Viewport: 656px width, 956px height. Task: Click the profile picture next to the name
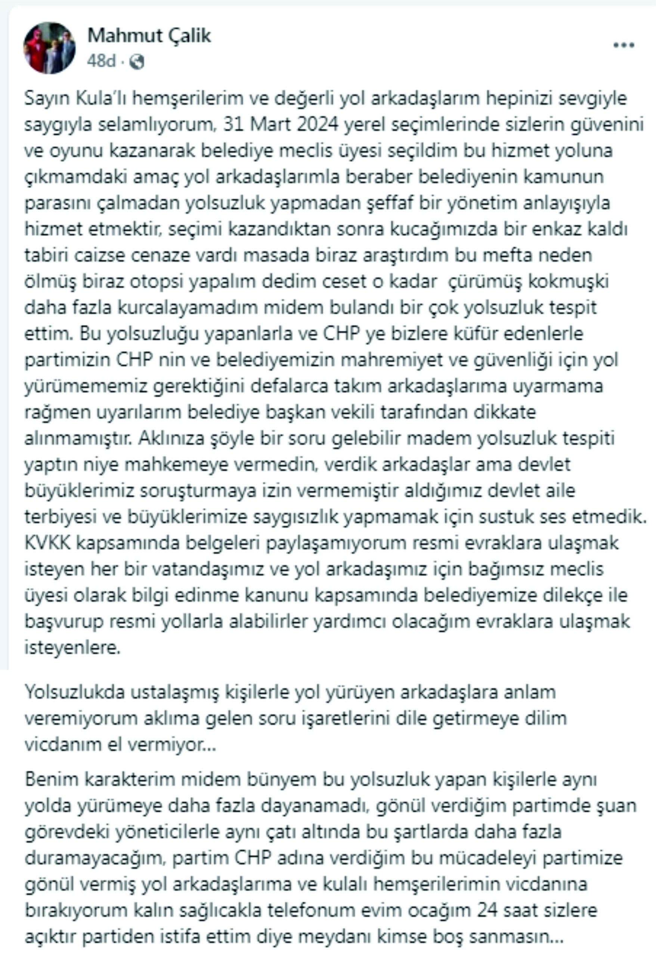coord(49,48)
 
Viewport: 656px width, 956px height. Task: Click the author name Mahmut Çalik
coord(149,36)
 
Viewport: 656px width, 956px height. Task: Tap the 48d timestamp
coord(101,61)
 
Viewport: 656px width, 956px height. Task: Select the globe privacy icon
coord(137,62)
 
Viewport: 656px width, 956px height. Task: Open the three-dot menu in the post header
coord(623,45)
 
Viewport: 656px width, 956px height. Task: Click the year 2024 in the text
coord(317,125)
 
